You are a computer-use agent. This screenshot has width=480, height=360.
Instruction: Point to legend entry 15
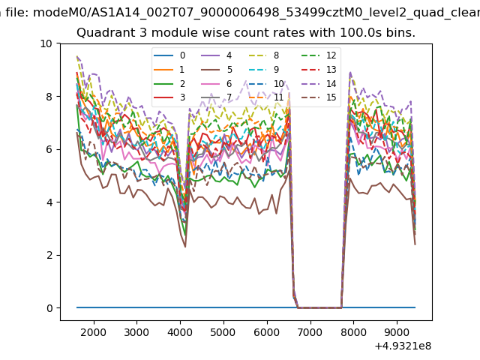(x=320, y=97)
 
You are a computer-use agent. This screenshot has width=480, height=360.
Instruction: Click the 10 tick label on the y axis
(x=46, y=43)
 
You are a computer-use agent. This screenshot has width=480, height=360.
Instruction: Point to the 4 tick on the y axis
(x=49, y=202)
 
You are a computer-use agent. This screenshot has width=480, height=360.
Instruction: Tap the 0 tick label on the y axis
(x=49, y=308)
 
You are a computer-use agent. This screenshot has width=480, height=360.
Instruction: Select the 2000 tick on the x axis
(x=93, y=331)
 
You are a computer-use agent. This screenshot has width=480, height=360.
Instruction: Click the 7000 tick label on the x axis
(x=310, y=331)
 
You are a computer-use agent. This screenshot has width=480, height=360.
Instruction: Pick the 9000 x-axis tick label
(x=397, y=331)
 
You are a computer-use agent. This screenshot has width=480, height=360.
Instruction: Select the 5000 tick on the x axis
(x=223, y=331)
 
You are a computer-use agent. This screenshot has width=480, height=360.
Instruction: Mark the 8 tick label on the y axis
(x=49, y=97)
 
